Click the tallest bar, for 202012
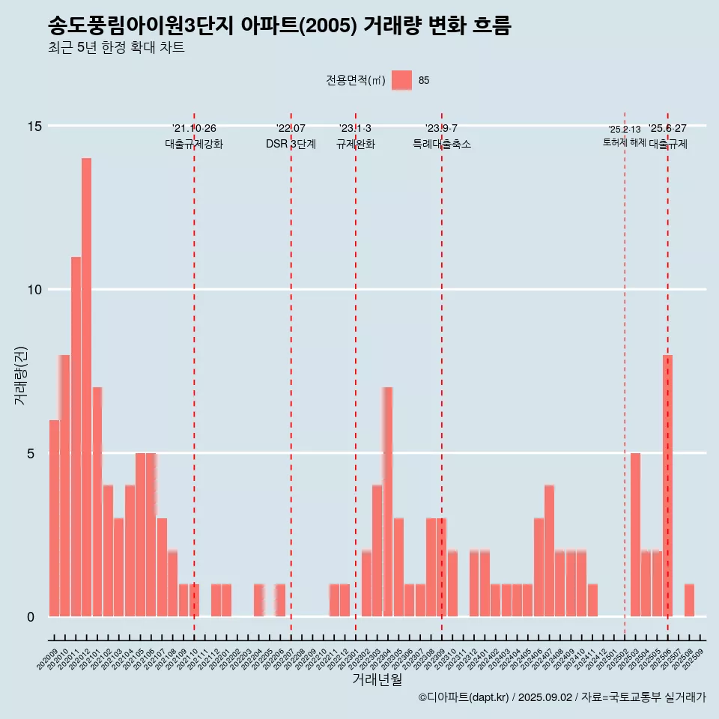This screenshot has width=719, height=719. [86, 387]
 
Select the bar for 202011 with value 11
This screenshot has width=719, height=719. [76, 437]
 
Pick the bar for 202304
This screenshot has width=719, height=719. [387, 502]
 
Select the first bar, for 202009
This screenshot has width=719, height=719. [54, 518]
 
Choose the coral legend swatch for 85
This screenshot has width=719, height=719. [401, 80]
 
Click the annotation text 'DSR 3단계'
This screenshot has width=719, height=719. [291, 144]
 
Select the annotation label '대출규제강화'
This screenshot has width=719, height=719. [194, 144]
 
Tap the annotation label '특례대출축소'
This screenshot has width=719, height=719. [442, 144]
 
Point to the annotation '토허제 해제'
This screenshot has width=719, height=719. [624, 142]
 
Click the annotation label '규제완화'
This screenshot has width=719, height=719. [355, 144]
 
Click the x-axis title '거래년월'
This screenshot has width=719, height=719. [377, 680]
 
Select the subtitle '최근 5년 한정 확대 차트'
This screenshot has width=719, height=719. [116, 48]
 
